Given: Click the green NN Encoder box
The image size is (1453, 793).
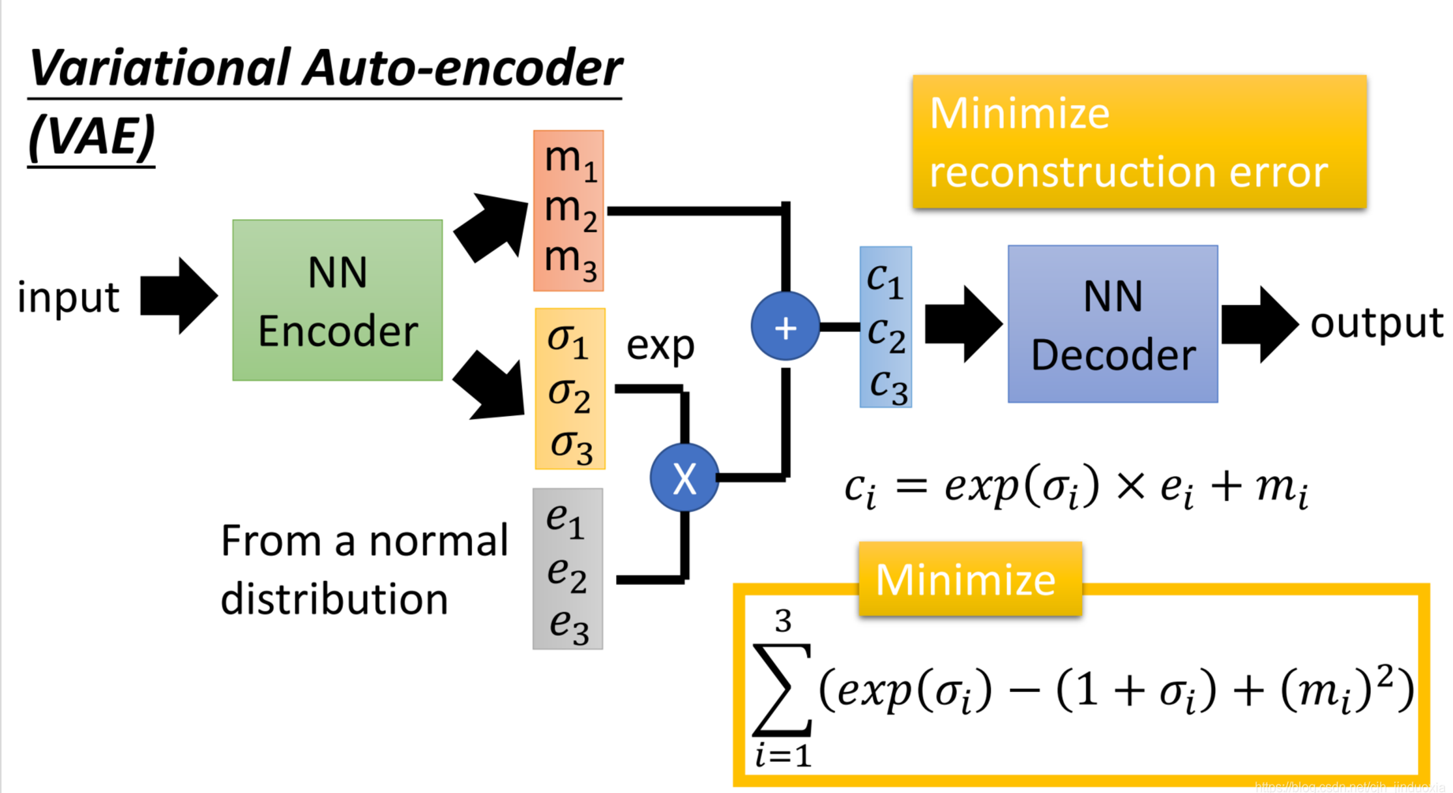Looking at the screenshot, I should (x=337, y=300).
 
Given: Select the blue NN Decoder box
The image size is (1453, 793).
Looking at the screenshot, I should (x=1112, y=324).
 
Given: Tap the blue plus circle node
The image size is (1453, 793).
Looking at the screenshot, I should (x=785, y=327).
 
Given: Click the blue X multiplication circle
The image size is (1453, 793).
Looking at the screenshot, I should (x=684, y=478).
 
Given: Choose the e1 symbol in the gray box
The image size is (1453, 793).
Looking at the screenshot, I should (x=565, y=519).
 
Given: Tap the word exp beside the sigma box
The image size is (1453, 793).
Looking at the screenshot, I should (x=660, y=346).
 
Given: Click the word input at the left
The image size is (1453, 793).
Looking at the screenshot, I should (x=68, y=298).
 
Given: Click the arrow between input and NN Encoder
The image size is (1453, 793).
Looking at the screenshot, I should (x=178, y=296).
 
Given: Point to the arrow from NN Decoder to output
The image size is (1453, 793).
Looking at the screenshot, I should (x=1258, y=324).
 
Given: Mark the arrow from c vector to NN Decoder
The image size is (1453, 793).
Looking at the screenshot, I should (x=962, y=324).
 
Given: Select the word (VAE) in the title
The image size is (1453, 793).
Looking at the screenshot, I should (x=92, y=137).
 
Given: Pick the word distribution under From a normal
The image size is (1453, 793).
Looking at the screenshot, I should (x=334, y=599).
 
